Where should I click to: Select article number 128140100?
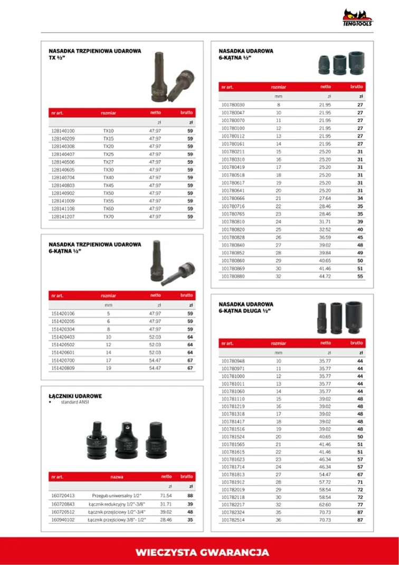pyautogui.click(x=63, y=131)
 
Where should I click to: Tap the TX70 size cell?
pyautogui.click(x=108, y=217)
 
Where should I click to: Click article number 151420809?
pyautogui.click(x=63, y=368)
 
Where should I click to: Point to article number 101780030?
pyautogui.click(x=233, y=105)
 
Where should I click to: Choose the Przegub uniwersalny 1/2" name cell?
pyautogui.click(x=116, y=496)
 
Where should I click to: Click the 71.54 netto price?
pyautogui.click(x=166, y=496)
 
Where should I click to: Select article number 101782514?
pyautogui.click(x=233, y=521)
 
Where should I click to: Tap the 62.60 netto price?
pyautogui.click(x=325, y=505)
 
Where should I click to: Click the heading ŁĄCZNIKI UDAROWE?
pyautogui.click(x=75, y=396)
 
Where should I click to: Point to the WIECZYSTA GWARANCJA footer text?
pyautogui.click(x=203, y=553)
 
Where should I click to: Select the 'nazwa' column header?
pyautogui.click(x=117, y=477)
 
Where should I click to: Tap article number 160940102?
pyautogui.click(x=63, y=520)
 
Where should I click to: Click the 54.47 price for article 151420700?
pyautogui.click(x=155, y=360)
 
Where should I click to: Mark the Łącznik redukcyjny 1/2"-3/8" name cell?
pyautogui.click(x=116, y=504)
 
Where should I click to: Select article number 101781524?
pyautogui.click(x=233, y=437)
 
